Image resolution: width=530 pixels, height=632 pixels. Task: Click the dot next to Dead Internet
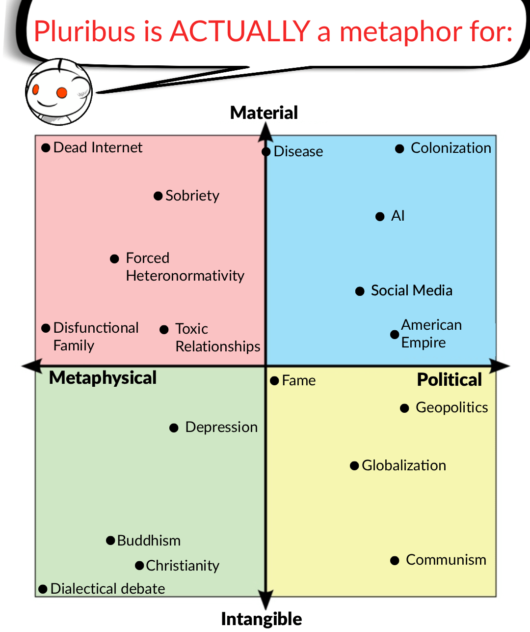click(x=46, y=147)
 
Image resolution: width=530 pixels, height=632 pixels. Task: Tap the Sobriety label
click(x=192, y=196)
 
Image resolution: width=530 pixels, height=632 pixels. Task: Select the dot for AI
click(x=380, y=217)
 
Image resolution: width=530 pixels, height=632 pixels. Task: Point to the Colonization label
click(x=450, y=148)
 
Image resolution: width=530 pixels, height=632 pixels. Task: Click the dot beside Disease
click(x=266, y=152)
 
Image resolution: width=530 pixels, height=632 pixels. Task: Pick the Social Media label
click(x=411, y=290)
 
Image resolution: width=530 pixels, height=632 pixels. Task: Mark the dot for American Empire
click(x=395, y=334)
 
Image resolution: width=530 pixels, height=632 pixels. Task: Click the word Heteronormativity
click(x=185, y=276)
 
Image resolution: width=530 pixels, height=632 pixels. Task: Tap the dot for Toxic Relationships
click(x=164, y=330)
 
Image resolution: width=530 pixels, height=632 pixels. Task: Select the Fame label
click(x=298, y=380)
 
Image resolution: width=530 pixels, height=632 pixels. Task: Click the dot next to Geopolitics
click(x=405, y=408)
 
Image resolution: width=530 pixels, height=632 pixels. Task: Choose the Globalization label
click(x=403, y=465)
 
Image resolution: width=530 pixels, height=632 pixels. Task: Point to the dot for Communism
click(x=395, y=560)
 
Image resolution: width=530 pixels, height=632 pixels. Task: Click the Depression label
click(x=221, y=427)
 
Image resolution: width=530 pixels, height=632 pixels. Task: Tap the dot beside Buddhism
click(x=111, y=541)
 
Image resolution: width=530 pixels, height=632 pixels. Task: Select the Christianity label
click(x=182, y=566)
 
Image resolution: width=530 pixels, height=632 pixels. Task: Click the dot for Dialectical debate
click(x=43, y=589)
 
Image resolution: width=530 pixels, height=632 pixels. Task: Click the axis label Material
click(x=264, y=113)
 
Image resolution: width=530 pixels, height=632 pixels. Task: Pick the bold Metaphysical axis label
click(x=103, y=377)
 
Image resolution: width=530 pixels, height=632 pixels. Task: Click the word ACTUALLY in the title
click(x=239, y=31)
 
